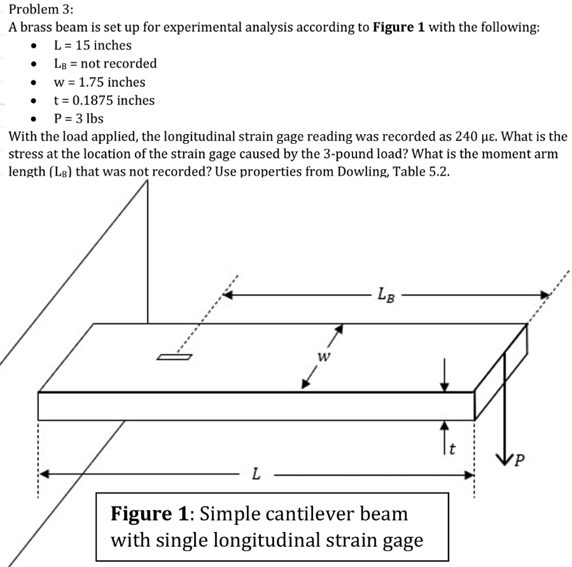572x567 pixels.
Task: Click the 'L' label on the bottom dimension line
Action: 255,475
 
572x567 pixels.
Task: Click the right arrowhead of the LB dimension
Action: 544,295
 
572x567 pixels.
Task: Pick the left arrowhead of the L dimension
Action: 45,474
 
